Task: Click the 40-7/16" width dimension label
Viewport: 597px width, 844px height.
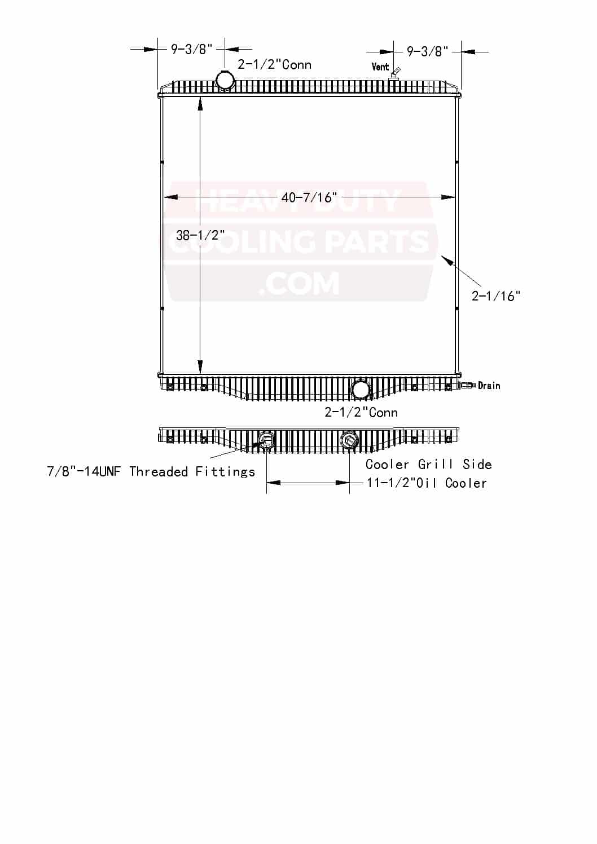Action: (x=309, y=197)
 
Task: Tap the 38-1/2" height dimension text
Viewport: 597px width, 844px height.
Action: (x=200, y=235)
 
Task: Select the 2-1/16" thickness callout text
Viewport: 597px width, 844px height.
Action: (x=496, y=296)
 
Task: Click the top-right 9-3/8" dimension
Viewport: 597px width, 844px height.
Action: (x=428, y=52)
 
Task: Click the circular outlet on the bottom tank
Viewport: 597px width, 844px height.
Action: (x=361, y=389)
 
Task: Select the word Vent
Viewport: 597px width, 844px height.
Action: (x=380, y=67)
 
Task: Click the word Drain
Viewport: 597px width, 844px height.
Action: (x=489, y=386)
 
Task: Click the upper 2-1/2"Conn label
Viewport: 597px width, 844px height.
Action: (x=275, y=64)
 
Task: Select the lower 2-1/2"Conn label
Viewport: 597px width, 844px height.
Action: (x=361, y=412)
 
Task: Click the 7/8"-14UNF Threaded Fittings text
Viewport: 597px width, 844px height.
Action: (x=151, y=471)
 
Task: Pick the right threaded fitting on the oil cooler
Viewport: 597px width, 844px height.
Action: (x=350, y=439)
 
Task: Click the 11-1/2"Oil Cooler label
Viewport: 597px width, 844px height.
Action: (x=427, y=483)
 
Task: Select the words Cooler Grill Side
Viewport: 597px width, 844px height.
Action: (x=429, y=464)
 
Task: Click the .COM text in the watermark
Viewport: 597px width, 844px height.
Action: (x=299, y=283)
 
